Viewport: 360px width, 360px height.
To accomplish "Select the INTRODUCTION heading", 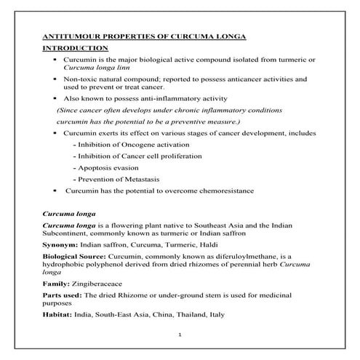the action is pyautogui.click(x=71, y=49).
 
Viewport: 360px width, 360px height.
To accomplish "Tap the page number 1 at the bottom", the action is pyautogui.click(x=180, y=335).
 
